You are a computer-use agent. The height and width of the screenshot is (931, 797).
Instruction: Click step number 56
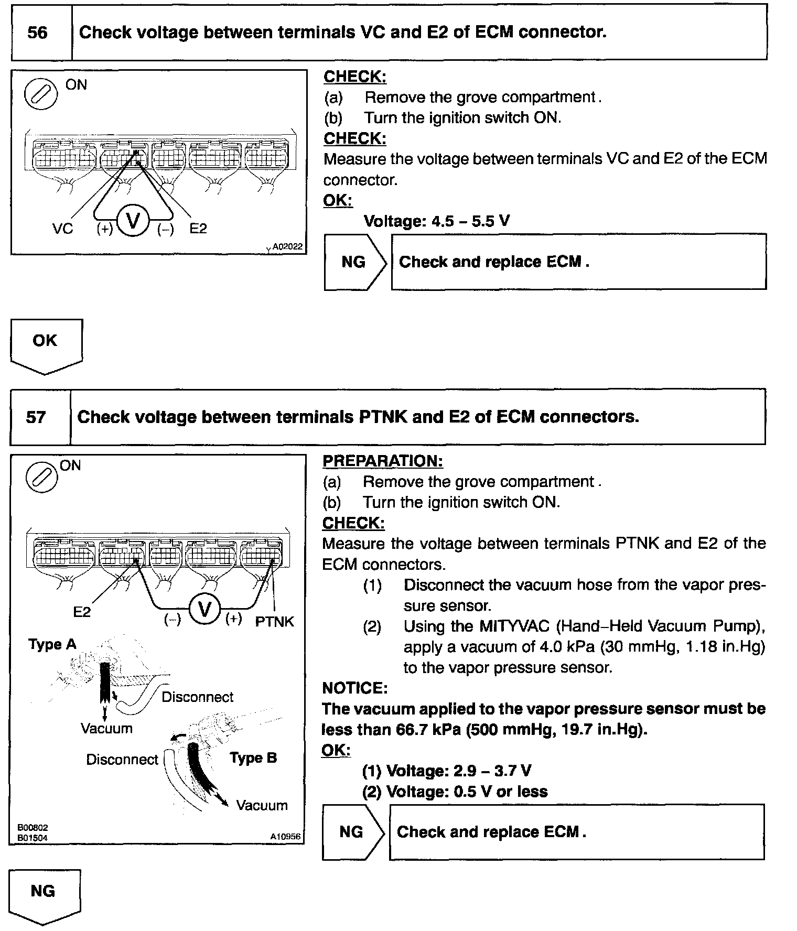(x=37, y=33)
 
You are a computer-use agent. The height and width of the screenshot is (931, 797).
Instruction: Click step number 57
(x=36, y=417)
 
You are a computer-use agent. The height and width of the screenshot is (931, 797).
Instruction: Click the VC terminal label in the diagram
(x=62, y=229)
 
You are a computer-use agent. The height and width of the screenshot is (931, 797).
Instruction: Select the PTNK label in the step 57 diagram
(x=274, y=622)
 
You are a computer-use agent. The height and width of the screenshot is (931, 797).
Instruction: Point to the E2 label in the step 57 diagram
(x=82, y=612)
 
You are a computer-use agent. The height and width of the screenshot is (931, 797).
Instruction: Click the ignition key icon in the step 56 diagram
(x=41, y=94)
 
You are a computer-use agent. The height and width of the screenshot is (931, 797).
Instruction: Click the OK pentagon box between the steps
(x=45, y=343)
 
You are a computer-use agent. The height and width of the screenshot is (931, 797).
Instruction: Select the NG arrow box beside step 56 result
(x=354, y=262)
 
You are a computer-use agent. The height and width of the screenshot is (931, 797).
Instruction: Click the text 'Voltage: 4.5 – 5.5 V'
(x=436, y=221)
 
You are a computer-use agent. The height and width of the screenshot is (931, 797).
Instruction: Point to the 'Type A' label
(x=52, y=644)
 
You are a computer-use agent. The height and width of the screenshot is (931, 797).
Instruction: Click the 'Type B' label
(x=253, y=758)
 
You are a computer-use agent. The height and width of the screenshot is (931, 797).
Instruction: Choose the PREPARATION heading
(x=382, y=461)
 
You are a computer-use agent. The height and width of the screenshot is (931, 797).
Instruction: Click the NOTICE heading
(x=354, y=688)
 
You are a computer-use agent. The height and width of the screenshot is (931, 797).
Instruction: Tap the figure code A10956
(x=285, y=837)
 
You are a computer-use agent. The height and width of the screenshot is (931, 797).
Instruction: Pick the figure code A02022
(x=287, y=246)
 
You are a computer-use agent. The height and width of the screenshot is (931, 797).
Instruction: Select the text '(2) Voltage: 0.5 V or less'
(x=455, y=792)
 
